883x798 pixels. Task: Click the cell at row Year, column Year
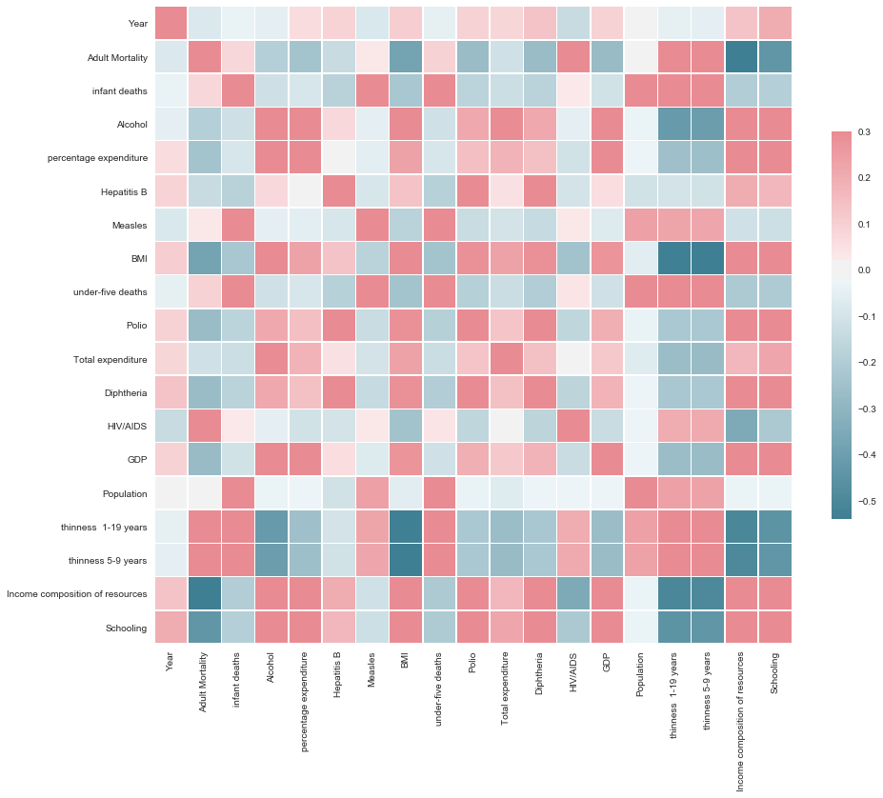[x=171, y=23]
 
